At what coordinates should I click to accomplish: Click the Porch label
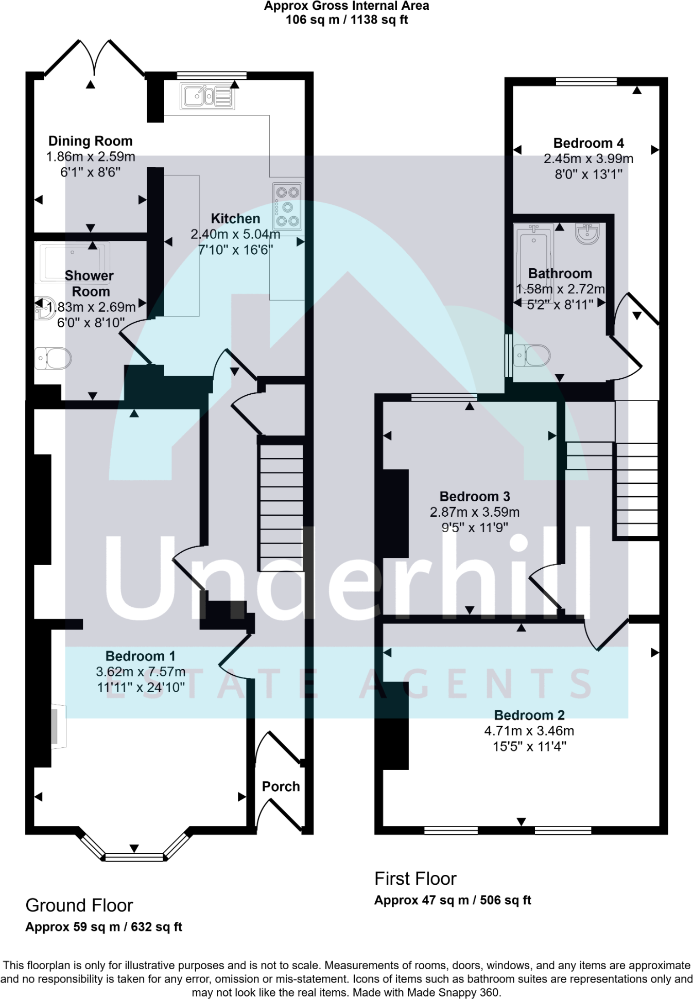[x=281, y=786]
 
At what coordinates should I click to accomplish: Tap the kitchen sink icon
[x=207, y=96]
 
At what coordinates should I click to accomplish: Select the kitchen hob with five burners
[x=287, y=206]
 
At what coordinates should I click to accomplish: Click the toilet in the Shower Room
[x=53, y=358]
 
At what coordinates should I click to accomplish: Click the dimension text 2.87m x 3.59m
[x=474, y=512]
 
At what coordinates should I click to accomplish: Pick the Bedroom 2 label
[x=529, y=715]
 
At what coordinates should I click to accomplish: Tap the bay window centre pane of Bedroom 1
[x=134, y=857]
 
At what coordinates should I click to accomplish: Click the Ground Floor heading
[x=79, y=905]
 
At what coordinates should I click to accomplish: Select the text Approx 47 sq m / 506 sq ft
[x=452, y=900]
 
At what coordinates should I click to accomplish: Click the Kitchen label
[x=235, y=218]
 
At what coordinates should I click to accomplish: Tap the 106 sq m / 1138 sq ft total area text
[x=346, y=20]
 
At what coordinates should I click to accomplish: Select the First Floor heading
[x=415, y=878]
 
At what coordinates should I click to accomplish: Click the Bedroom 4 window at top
[x=586, y=81]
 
